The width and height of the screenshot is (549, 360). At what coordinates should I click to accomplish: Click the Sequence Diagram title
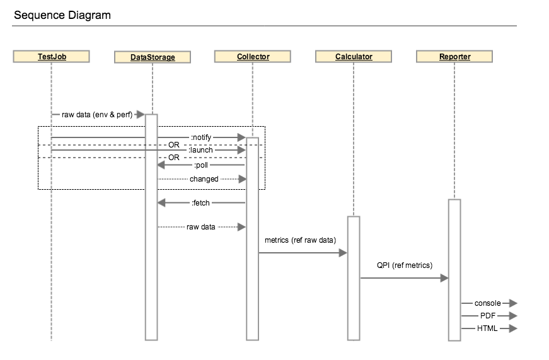62,15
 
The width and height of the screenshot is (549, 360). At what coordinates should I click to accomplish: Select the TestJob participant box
51,57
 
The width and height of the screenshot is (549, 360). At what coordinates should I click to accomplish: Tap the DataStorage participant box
152,57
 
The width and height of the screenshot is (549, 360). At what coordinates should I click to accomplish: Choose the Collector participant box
253,57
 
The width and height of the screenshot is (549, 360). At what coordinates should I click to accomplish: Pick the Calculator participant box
354,57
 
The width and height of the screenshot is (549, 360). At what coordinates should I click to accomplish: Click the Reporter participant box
454,57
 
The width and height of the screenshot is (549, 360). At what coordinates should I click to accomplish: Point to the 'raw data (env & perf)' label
96,115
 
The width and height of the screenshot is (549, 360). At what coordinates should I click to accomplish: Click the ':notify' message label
201,137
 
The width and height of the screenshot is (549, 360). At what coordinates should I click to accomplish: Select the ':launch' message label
201,150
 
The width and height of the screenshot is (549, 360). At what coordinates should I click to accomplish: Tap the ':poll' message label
201,165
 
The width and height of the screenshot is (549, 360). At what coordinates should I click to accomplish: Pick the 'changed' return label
204,179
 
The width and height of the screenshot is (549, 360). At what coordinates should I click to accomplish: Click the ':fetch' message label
200,203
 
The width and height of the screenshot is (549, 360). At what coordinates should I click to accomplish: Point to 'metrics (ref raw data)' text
300,240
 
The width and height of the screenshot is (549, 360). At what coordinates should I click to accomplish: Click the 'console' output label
487,303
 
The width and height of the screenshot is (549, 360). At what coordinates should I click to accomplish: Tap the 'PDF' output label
487,315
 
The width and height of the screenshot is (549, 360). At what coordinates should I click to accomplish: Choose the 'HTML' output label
487,328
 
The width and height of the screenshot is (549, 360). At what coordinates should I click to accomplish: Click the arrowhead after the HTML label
512,328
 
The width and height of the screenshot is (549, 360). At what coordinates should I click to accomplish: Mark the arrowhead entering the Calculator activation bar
343,253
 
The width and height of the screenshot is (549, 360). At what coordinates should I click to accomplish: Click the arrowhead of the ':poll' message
161,165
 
